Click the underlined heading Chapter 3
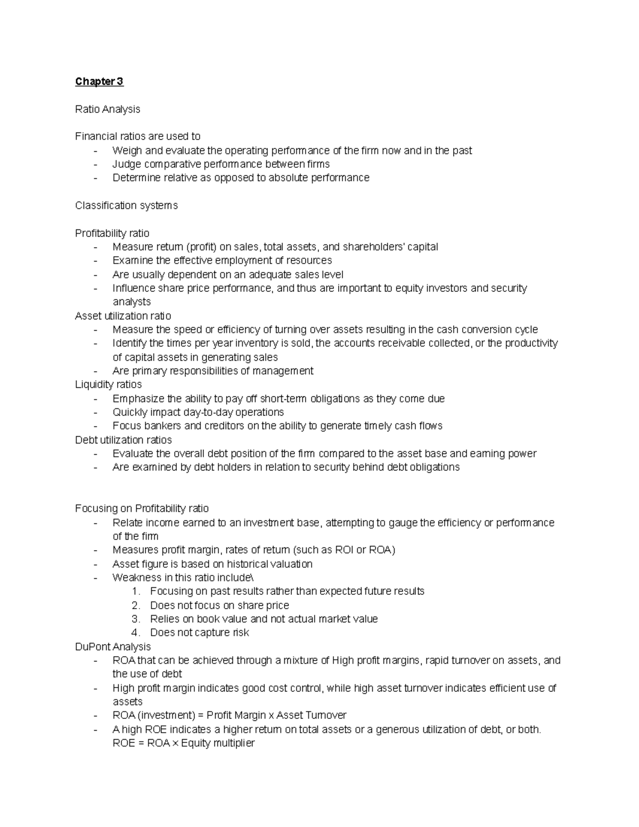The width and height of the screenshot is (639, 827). [x=99, y=81]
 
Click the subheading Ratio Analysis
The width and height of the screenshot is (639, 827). [x=108, y=109]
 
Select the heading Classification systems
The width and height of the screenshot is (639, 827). [x=126, y=206]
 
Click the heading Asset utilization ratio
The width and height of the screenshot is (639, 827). [x=123, y=316]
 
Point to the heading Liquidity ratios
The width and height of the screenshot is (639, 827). [x=108, y=384]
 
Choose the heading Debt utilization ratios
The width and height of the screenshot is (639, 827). [x=123, y=440]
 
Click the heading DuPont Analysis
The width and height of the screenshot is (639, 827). [x=113, y=646]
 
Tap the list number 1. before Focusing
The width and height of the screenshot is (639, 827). [x=136, y=591]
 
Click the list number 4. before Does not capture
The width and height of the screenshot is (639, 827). [x=136, y=633]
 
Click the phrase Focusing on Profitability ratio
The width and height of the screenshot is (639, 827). [x=142, y=509]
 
